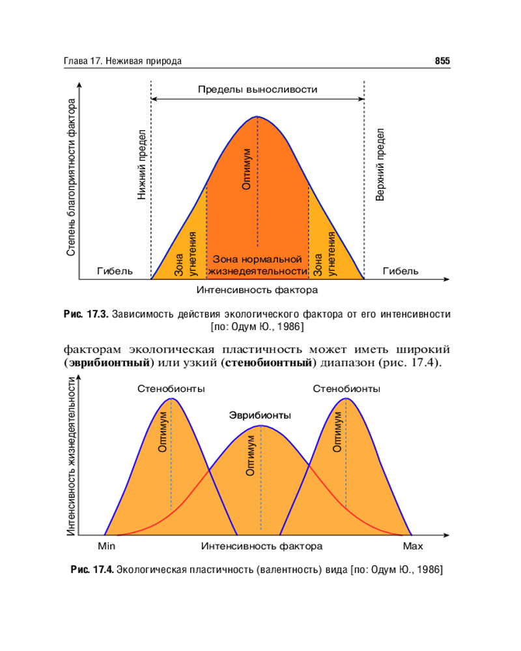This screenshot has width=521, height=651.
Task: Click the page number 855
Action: tap(442, 61)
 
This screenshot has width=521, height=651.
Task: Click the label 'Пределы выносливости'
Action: tap(257, 90)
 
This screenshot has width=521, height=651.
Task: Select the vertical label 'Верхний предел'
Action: tap(380, 164)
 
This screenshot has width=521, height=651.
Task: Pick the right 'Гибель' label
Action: tap(401, 271)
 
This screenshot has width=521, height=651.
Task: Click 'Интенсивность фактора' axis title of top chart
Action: tap(257, 290)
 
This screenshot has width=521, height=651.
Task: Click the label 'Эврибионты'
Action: tap(260, 415)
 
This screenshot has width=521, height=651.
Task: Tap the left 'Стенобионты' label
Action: tap(171, 389)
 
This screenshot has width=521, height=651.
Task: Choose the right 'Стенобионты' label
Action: tap(346, 389)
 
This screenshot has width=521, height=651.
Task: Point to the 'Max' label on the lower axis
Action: tap(413, 546)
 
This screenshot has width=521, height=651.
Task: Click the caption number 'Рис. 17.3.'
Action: tap(86, 314)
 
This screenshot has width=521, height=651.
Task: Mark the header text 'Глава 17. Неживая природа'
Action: tap(122, 61)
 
